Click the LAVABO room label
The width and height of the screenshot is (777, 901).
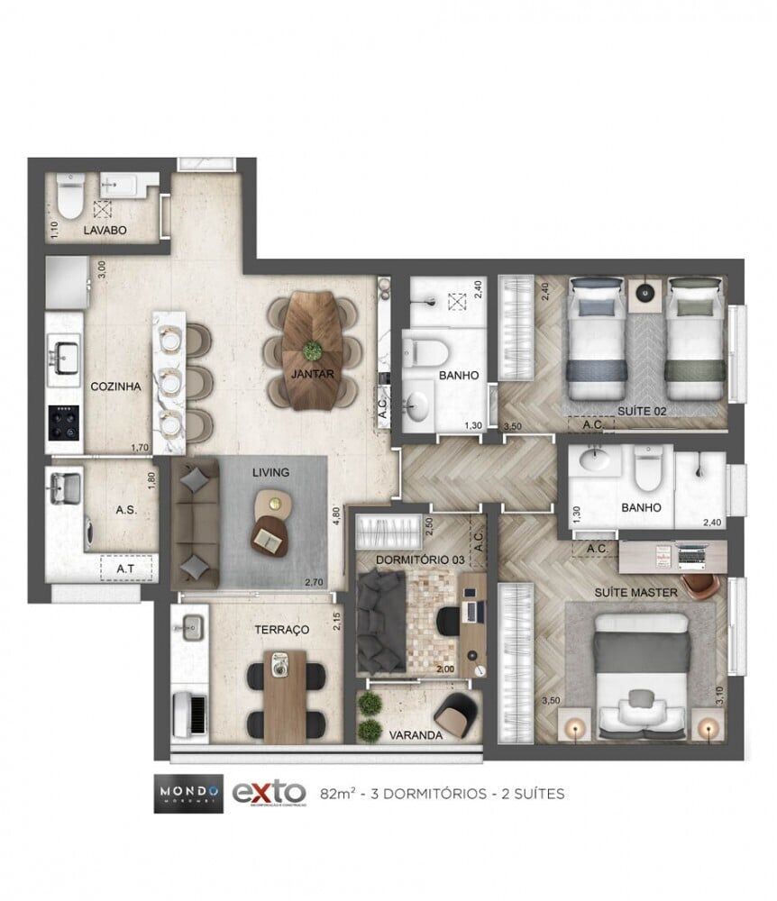click(x=105, y=231)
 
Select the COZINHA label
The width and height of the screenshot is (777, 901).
click(x=115, y=386)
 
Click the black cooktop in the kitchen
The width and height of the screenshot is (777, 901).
click(x=64, y=422)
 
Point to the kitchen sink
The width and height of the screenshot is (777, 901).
click(x=65, y=354)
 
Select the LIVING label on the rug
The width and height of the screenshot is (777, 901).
click(x=270, y=472)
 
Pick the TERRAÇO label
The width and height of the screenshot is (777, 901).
click(x=282, y=629)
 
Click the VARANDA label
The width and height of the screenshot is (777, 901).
click(x=416, y=735)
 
